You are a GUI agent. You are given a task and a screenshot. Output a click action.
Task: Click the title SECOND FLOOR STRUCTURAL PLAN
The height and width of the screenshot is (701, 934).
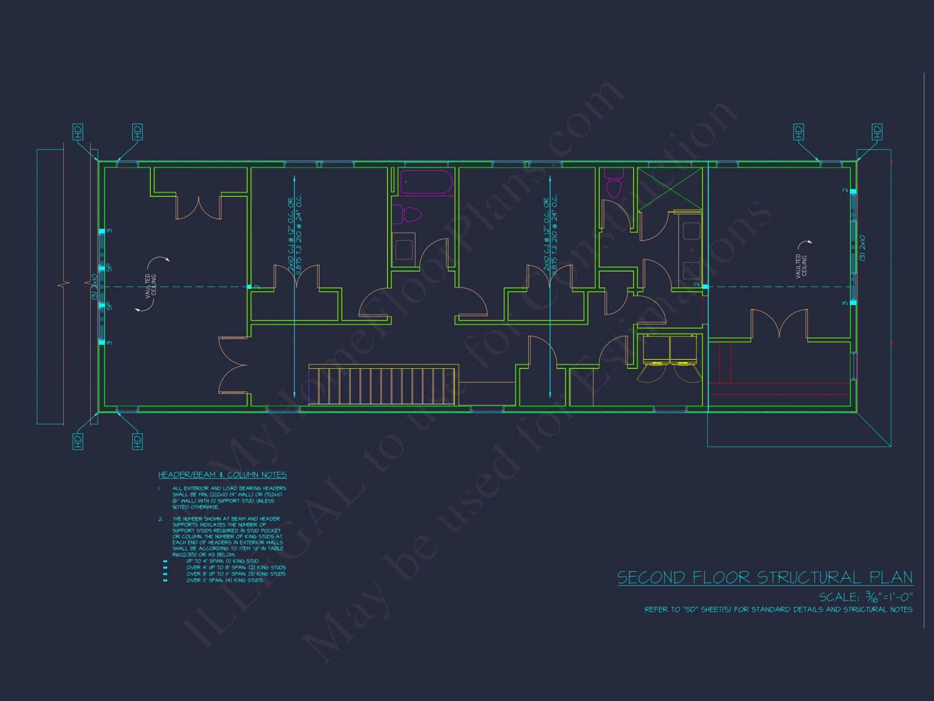pyautogui.click(x=764, y=578)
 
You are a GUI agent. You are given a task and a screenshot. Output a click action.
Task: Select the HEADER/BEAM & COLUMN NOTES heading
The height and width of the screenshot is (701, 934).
pyautogui.click(x=222, y=475)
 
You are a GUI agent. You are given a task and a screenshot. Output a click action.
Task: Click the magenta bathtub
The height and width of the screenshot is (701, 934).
pyautogui.click(x=426, y=182)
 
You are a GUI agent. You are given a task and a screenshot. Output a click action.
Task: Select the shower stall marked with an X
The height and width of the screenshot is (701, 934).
pyautogui.click(x=670, y=189)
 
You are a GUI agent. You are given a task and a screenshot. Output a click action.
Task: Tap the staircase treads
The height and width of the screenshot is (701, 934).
pyautogui.click(x=381, y=386)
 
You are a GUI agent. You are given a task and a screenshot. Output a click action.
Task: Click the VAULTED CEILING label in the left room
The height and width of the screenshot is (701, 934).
pyautogui.click(x=150, y=286)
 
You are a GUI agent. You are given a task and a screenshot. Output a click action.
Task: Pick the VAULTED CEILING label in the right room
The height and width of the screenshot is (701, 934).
pyautogui.click(x=801, y=266)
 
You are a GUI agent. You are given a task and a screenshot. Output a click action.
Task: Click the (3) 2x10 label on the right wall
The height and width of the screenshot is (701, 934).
pyautogui.click(x=862, y=248)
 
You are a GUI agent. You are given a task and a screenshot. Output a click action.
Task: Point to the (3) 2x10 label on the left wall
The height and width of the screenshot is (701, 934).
pyautogui.click(x=94, y=286)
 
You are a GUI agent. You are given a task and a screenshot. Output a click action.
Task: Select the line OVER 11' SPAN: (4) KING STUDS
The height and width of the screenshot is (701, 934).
pyautogui.click(x=225, y=580)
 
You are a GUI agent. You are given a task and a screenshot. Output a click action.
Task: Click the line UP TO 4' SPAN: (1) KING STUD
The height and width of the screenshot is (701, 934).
pyautogui.click(x=222, y=561)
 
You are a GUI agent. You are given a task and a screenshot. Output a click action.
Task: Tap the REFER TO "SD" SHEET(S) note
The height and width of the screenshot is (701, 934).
pyautogui.click(x=778, y=609)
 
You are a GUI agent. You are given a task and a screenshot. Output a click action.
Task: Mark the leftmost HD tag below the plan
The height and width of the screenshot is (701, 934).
pyautogui.click(x=78, y=441)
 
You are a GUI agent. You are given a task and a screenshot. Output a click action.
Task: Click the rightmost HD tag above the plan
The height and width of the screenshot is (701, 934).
pyautogui.click(x=877, y=132)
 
